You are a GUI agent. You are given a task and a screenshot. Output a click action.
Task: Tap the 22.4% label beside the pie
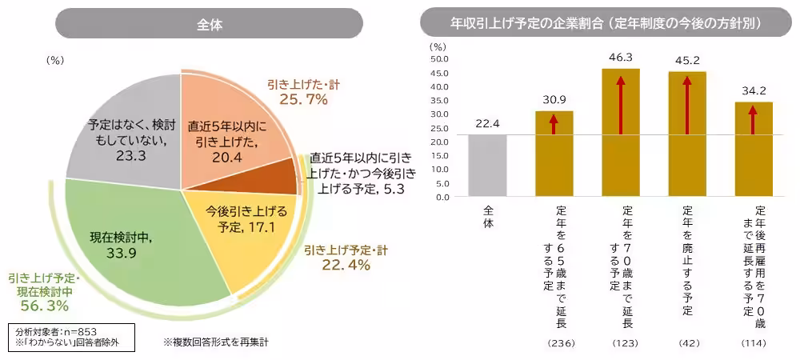(x=346, y=266)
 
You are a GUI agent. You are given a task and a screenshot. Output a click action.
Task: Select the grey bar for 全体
(x=487, y=165)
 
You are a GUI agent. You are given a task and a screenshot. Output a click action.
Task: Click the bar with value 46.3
(x=621, y=132)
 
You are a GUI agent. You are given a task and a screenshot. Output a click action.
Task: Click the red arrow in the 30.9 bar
(x=554, y=123)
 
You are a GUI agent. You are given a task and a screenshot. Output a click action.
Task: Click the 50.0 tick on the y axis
(x=440, y=58)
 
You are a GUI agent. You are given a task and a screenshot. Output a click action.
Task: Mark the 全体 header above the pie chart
(x=209, y=24)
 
